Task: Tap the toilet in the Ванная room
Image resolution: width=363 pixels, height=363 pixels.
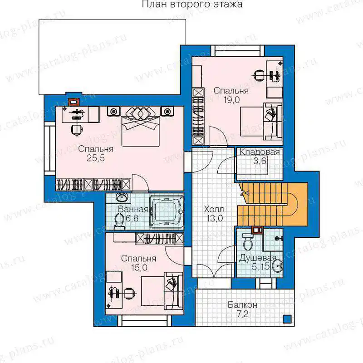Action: [119, 221]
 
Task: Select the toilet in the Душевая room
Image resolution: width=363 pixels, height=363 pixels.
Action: [247, 242]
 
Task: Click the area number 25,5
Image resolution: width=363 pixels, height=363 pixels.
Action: [96, 158]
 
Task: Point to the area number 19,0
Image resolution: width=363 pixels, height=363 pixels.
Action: [231, 100]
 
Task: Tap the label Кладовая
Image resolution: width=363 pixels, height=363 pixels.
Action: [260, 152]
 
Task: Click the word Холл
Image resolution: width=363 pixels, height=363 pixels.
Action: [214, 210]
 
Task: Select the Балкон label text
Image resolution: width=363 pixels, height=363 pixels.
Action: [242, 305]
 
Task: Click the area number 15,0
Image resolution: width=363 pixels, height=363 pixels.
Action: [139, 268]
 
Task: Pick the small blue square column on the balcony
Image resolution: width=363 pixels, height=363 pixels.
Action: [287, 319]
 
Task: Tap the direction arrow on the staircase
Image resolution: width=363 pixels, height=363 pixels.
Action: [245, 192]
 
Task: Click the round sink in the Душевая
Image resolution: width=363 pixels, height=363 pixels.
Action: [277, 267]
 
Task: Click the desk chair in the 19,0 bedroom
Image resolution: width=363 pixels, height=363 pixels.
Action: [259, 75]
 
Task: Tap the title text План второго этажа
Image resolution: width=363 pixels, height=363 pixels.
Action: [192, 4]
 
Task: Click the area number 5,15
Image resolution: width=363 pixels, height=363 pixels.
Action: [260, 267]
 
